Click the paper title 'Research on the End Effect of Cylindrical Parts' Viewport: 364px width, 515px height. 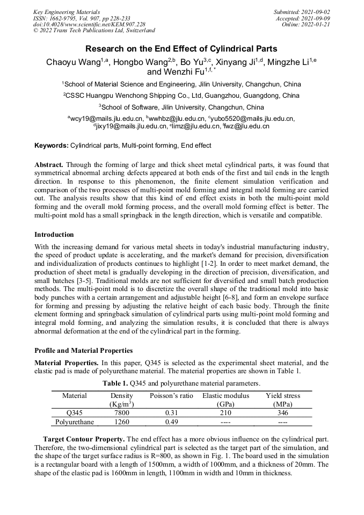tap(181, 48)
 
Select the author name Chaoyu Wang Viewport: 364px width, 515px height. tap(68, 62)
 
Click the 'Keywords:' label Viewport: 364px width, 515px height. tap(52, 146)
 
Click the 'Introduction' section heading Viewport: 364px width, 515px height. tap(54, 235)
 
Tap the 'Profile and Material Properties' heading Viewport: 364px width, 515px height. tap(83, 350)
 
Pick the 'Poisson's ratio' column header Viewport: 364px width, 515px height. tap(171, 396)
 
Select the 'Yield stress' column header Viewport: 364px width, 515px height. tap(283, 396)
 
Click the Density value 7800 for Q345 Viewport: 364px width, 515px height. tap(121, 413)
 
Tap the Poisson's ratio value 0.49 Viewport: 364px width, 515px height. tap(171, 422)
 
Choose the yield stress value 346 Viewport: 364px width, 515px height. tap(283, 413)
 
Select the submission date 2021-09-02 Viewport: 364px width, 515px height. tap(312, 12)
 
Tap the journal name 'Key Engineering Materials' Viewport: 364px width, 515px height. tap(66, 12)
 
